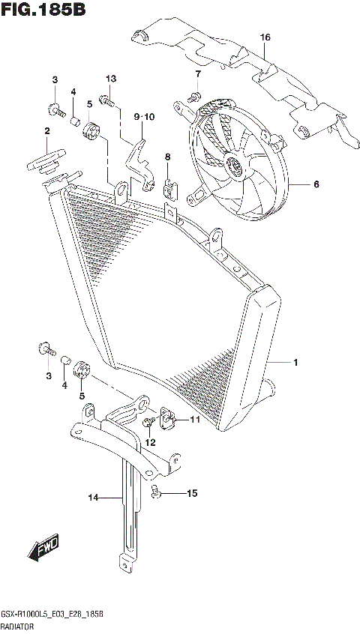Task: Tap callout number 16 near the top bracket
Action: [265, 37]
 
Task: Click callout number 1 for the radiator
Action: [295, 363]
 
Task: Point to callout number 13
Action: [111, 79]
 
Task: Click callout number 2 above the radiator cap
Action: [46, 131]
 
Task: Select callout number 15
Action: [192, 493]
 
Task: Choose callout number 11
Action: [194, 420]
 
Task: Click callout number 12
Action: [150, 442]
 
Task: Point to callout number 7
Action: [198, 73]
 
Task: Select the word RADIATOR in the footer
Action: [17, 624]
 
